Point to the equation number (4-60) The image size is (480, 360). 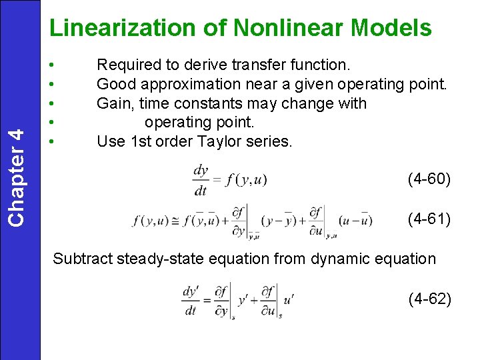429,179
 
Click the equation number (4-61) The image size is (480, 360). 429,218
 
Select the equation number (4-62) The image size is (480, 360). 430,299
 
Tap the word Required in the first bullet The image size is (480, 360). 129,65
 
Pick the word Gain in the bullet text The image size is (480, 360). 113,103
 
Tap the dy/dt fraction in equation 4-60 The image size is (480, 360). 201,180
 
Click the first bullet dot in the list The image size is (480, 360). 52,65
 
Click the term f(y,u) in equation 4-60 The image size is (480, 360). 247,180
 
